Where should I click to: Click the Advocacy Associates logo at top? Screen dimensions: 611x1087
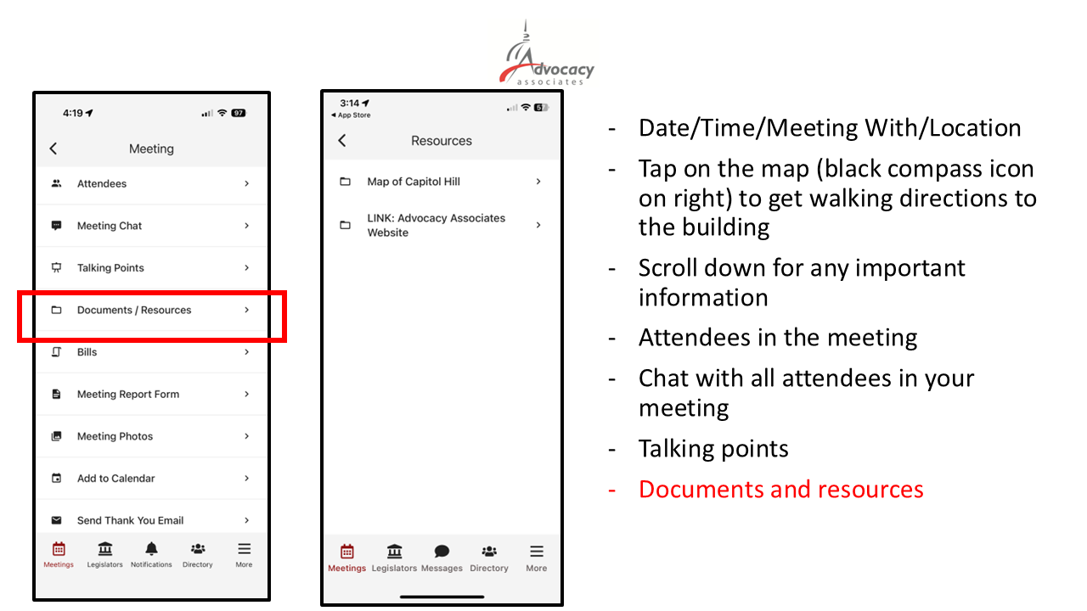pyautogui.click(x=546, y=59)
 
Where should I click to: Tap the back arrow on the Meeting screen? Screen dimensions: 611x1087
pyautogui.click(x=54, y=149)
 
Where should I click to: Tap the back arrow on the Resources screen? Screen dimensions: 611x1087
pyautogui.click(x=342, y=141)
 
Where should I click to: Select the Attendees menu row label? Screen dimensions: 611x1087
pyautogui.click(x=102, y=183)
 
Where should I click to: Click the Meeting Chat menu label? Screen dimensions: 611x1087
pyautogui.click(x=110, y=226)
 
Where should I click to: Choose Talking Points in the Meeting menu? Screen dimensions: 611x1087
pyautogui.click(x=110, y=268)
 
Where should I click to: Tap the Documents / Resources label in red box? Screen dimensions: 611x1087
pyautogui.click(x=134, y=310)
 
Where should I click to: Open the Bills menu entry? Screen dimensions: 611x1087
pyautogui.click(x=87, y=352)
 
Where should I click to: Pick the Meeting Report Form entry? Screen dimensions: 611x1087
pyautogui.click(x=128, y=394)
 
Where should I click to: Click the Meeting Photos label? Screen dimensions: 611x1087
pyautogui.click(x=115, y=436)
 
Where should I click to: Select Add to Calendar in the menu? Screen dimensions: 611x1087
pyautogui.click(x=116, y=479)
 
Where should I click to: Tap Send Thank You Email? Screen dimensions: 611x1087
pyautogui.click(x=131, y=520)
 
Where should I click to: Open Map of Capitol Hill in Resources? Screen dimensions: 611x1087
pyautogui.click(x=414, y=182)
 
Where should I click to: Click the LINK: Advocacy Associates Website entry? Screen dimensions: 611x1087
pyautogui.click(x=436, y=225)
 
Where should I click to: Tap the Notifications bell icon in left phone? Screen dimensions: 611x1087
pyautogui.click(x=151, y=549)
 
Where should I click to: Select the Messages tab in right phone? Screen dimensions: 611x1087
pyautogui.click(x=442, y=557)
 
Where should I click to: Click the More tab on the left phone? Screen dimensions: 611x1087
pyautogui.click(x=244, y=554)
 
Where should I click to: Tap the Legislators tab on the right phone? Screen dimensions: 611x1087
pyautogui.click(x=394, y=557)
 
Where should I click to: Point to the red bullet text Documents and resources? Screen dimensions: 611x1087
pyautogui.click(x=780, y=490)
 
